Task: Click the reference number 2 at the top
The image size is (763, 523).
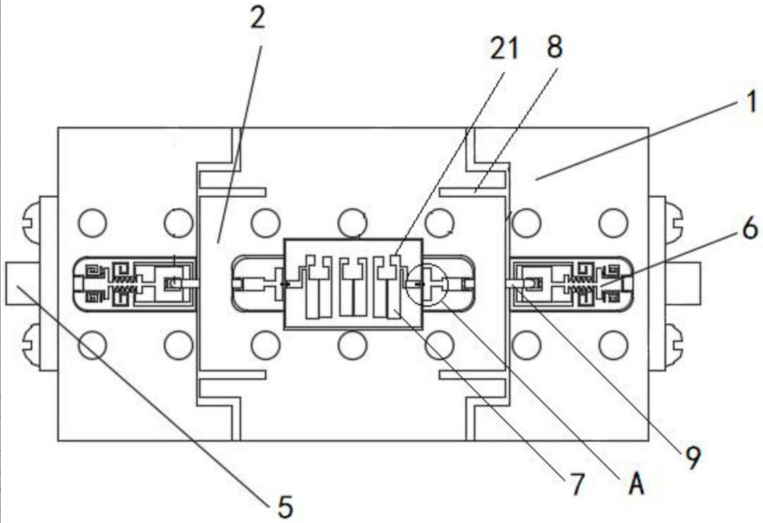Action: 257,19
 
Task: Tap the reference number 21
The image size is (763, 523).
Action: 504,48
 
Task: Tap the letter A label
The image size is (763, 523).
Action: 636,483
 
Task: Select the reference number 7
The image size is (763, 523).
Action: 577,484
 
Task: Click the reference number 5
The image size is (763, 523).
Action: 285,507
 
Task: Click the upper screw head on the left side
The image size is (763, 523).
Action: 31,223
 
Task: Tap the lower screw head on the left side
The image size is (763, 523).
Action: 31,345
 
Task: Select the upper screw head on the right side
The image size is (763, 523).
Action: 674,223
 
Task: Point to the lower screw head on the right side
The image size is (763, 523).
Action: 674,345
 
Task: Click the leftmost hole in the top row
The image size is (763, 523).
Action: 92,223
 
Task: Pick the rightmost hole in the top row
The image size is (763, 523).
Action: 614,223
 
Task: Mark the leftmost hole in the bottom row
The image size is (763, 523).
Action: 92,345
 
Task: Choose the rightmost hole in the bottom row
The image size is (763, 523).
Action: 614,345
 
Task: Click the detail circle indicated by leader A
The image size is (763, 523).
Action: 427,264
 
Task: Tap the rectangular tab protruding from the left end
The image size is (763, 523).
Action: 22,284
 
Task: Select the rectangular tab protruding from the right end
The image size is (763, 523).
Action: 684,284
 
